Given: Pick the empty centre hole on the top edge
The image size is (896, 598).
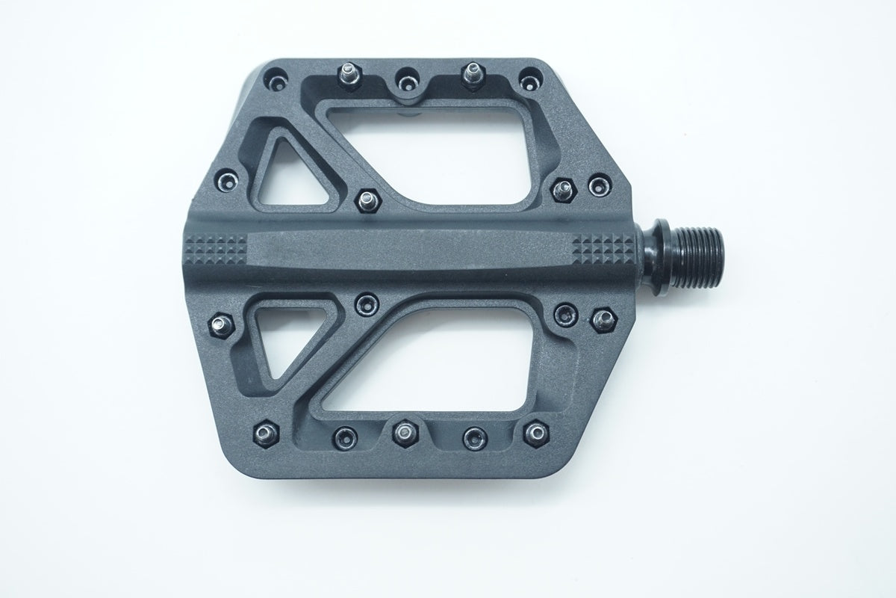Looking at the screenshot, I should point(407,76).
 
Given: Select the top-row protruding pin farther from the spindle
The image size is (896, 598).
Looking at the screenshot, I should point(349,73).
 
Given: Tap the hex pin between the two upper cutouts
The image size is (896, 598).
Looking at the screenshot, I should point(367,199).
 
